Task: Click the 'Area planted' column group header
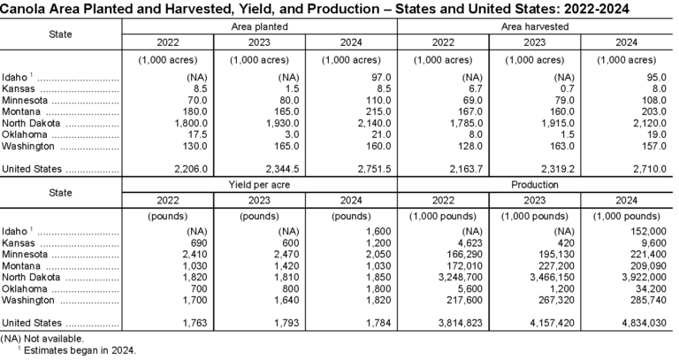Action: [x=260, y=27]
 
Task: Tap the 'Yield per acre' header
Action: [x=260, y=185]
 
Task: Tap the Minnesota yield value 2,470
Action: [x=263, y=251]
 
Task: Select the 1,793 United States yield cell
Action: [x=263, y=323]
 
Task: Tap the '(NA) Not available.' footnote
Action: [x=43, y=338]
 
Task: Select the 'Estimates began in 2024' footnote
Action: [x=78, y=349]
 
